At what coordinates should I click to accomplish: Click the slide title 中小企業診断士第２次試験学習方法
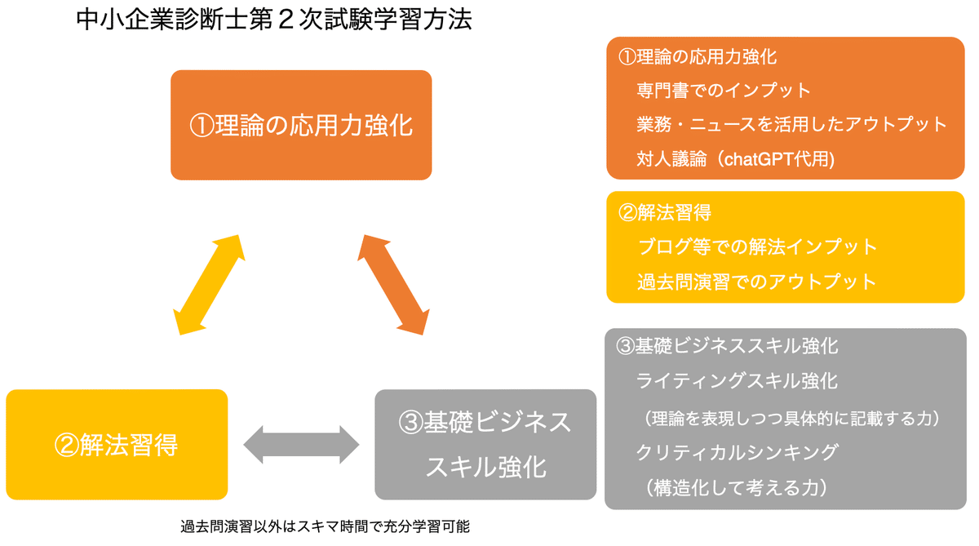click(x=274, y=20)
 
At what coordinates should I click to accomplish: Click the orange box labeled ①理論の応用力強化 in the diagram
click(x=301, y=125)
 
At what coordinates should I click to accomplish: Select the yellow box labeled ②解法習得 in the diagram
click(x=117, y=445)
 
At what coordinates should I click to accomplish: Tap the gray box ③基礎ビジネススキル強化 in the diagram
click(x=485, y=445)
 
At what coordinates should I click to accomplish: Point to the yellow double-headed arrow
click(x=209, y=285)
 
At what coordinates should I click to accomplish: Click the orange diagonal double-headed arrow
click(x=393, y=285)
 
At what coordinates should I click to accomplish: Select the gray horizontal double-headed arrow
click(x=301, y=445)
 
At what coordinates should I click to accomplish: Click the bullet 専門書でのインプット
click(x=724, y=91)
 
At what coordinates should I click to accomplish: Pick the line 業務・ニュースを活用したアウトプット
click(x=791, y=125)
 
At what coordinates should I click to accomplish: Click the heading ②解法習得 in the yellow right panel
click(x=664, y=213)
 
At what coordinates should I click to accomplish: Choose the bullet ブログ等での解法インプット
click(x=757, y=247)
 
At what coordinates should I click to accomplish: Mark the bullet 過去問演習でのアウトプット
click(x=757, y=282)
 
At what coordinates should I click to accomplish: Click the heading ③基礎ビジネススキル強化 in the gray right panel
click(x=727, y=346)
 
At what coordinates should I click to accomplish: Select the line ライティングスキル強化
click(x=737, y=381)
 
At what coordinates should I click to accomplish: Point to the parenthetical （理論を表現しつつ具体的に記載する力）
click(x=791, y=419)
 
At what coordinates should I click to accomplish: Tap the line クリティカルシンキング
click(x=738, y=452)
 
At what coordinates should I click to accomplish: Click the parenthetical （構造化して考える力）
click(x=737, y=488)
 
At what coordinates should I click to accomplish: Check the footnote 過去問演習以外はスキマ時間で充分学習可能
click(x=325, y=526)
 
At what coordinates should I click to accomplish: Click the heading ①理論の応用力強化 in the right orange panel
click(x=698, y=57)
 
